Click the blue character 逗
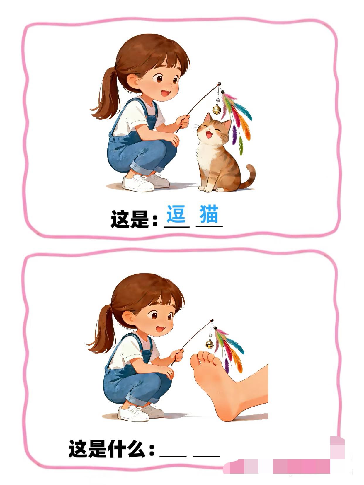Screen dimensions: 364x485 (176, 214)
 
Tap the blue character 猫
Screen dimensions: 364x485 (209, 214)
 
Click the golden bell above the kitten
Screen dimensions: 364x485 (217, 109)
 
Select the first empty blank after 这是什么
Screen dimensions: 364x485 (173, 455)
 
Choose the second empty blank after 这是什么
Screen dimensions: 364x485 (207, 455)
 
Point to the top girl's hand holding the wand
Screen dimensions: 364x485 (183, 121)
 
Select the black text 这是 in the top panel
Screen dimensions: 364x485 (130, 219)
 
